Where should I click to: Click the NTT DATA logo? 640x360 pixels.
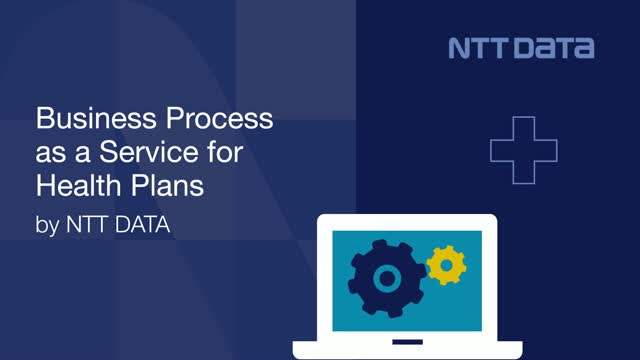pos(520,47)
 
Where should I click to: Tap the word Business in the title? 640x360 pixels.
pos(82,121)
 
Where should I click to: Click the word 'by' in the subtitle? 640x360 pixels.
pos(47,226)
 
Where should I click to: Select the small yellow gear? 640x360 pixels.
pos(445,265)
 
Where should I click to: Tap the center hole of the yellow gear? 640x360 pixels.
pos(445,265)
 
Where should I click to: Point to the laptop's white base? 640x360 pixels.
pos(409,350)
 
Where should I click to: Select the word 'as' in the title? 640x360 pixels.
pos(50,154)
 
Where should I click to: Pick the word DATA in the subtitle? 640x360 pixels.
pos(140,226)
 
